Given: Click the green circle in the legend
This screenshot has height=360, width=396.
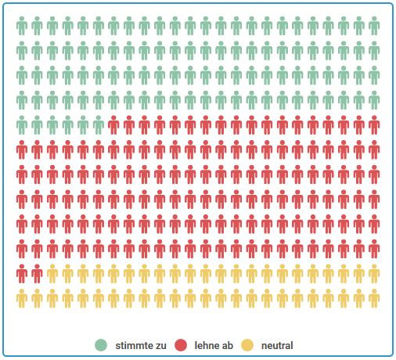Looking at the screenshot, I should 101,345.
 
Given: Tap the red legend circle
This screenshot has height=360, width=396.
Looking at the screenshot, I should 181,345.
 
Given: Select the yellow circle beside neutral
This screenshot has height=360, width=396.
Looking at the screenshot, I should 247,345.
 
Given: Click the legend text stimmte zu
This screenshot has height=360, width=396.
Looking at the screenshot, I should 140,345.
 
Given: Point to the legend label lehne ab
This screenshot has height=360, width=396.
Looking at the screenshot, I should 214,345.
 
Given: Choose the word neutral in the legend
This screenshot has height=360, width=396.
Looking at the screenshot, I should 278,345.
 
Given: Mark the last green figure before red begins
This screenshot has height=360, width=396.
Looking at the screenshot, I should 99,125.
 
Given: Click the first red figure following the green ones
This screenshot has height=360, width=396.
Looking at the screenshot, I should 113,125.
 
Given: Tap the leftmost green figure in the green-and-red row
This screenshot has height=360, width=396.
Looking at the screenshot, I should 22,125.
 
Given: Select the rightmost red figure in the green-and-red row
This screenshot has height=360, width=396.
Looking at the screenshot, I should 374,125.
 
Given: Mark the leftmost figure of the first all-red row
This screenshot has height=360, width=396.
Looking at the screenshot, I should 22,149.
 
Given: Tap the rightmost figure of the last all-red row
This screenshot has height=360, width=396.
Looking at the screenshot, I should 374,248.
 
